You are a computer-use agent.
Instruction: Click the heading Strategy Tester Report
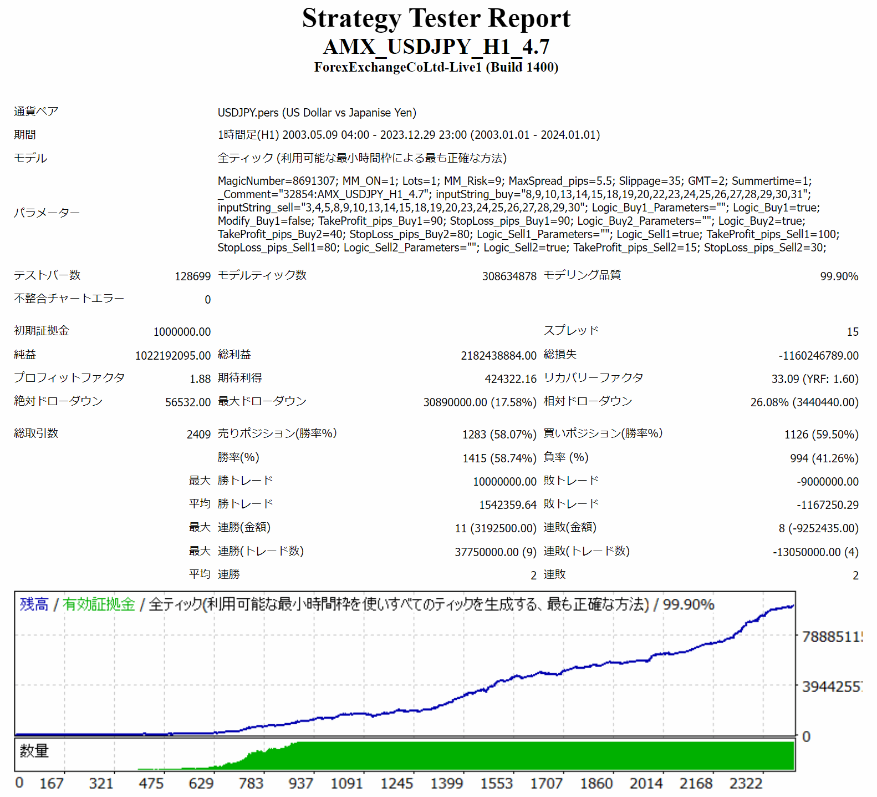pos(436,18)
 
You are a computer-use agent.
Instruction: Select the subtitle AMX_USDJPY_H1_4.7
pos(436,47)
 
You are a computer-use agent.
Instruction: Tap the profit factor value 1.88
pos(200,379)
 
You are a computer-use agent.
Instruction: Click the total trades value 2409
pos(198,435)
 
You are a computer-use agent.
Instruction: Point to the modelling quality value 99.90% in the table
pos(839,276)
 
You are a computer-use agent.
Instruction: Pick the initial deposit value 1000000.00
pos(182,332)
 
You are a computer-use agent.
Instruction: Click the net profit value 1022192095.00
pos(173,356)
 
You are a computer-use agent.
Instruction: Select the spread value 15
pos(852,332)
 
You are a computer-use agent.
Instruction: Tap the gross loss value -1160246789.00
pos(818,356)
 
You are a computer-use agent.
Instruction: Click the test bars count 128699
pos(192,276)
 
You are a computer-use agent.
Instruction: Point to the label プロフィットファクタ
pos(69,378)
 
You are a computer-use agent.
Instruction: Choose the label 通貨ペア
pos(36,112)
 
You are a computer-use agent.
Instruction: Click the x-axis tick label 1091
pos(346,784)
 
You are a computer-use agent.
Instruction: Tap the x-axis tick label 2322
pos(746,784)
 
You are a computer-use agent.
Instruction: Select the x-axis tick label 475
pos(151,784)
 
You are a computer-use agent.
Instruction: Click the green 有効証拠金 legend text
pos(99,604)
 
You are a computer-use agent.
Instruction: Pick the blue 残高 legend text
pos(34,604)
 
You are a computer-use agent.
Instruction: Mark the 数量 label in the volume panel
pos(34,751)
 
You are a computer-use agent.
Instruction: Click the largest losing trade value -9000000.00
pos(827,482)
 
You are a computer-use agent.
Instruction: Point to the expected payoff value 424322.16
pos(511,379)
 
